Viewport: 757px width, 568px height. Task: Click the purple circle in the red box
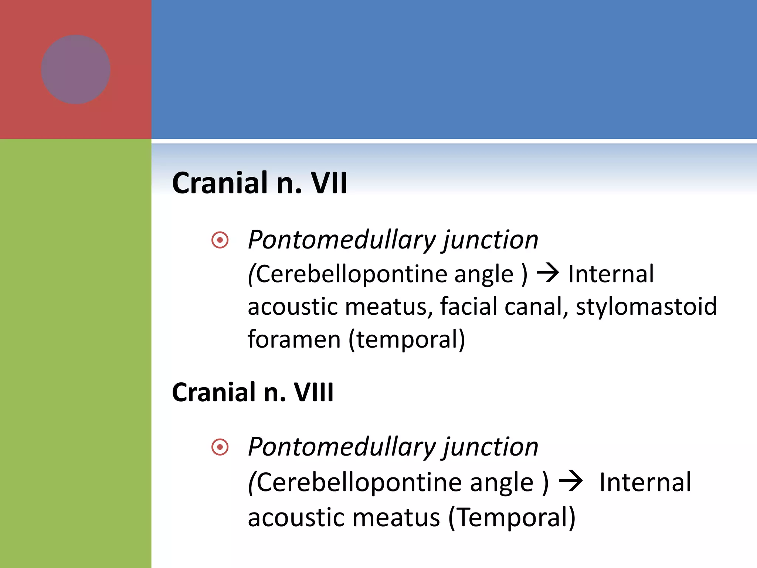click(x=76, y=70)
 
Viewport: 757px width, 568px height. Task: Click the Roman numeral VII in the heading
click(x=329, y=183)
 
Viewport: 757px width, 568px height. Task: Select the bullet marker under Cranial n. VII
click(x=220, y=240)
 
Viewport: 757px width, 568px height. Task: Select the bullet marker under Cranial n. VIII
click(x=220, y=447)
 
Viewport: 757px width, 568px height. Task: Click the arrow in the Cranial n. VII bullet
click(x=547, y=274)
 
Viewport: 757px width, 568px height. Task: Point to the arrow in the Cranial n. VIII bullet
click(x=571, y=481)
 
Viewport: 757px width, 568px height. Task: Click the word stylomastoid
click(x=646, y=307)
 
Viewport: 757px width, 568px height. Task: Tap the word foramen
click(x=294, y=339)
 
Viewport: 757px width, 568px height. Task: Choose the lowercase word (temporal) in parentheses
click(x=407, y=339)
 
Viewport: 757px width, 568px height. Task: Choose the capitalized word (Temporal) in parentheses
click(x=512, y=517)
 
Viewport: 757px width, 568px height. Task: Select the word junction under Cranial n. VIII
click(x=490, y=447)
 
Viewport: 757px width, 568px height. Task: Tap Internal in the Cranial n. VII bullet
click(x=611, y=274)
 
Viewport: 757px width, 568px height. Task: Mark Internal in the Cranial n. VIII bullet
click(x=645, y=482)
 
